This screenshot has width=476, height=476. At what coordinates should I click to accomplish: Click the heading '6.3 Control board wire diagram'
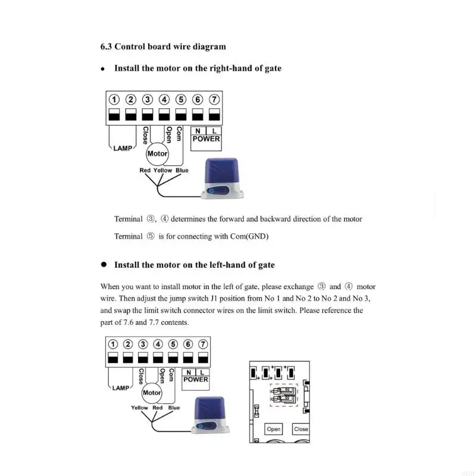pos(162,46)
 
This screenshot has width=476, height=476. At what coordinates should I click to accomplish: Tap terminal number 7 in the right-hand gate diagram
pos(215,100)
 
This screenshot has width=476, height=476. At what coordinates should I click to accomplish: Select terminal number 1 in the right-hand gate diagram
pos(114,100)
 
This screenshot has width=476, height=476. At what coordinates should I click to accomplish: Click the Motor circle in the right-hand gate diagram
pos(158,154)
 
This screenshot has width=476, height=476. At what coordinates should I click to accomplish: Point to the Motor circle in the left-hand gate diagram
pos(152,393)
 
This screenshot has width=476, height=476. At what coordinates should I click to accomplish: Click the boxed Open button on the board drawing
pos(274,429)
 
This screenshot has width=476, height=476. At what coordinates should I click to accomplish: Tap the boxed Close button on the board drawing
pos(301,429)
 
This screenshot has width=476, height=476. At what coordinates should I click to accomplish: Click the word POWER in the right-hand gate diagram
pos(206,139)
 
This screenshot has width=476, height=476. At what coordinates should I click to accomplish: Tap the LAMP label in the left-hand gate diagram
pos(120,388)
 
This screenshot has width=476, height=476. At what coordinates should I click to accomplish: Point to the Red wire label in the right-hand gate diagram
pos(145,171)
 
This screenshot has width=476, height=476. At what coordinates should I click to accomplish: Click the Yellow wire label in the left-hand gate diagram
pos(139,408)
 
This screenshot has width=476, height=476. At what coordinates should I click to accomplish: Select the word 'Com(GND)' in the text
pos(249,237)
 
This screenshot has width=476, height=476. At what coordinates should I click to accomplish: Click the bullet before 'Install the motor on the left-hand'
pos(103,265)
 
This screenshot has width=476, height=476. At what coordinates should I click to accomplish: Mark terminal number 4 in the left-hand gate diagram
pos(158,344)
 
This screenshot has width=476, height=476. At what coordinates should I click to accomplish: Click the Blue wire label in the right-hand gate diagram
pos(181,171)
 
